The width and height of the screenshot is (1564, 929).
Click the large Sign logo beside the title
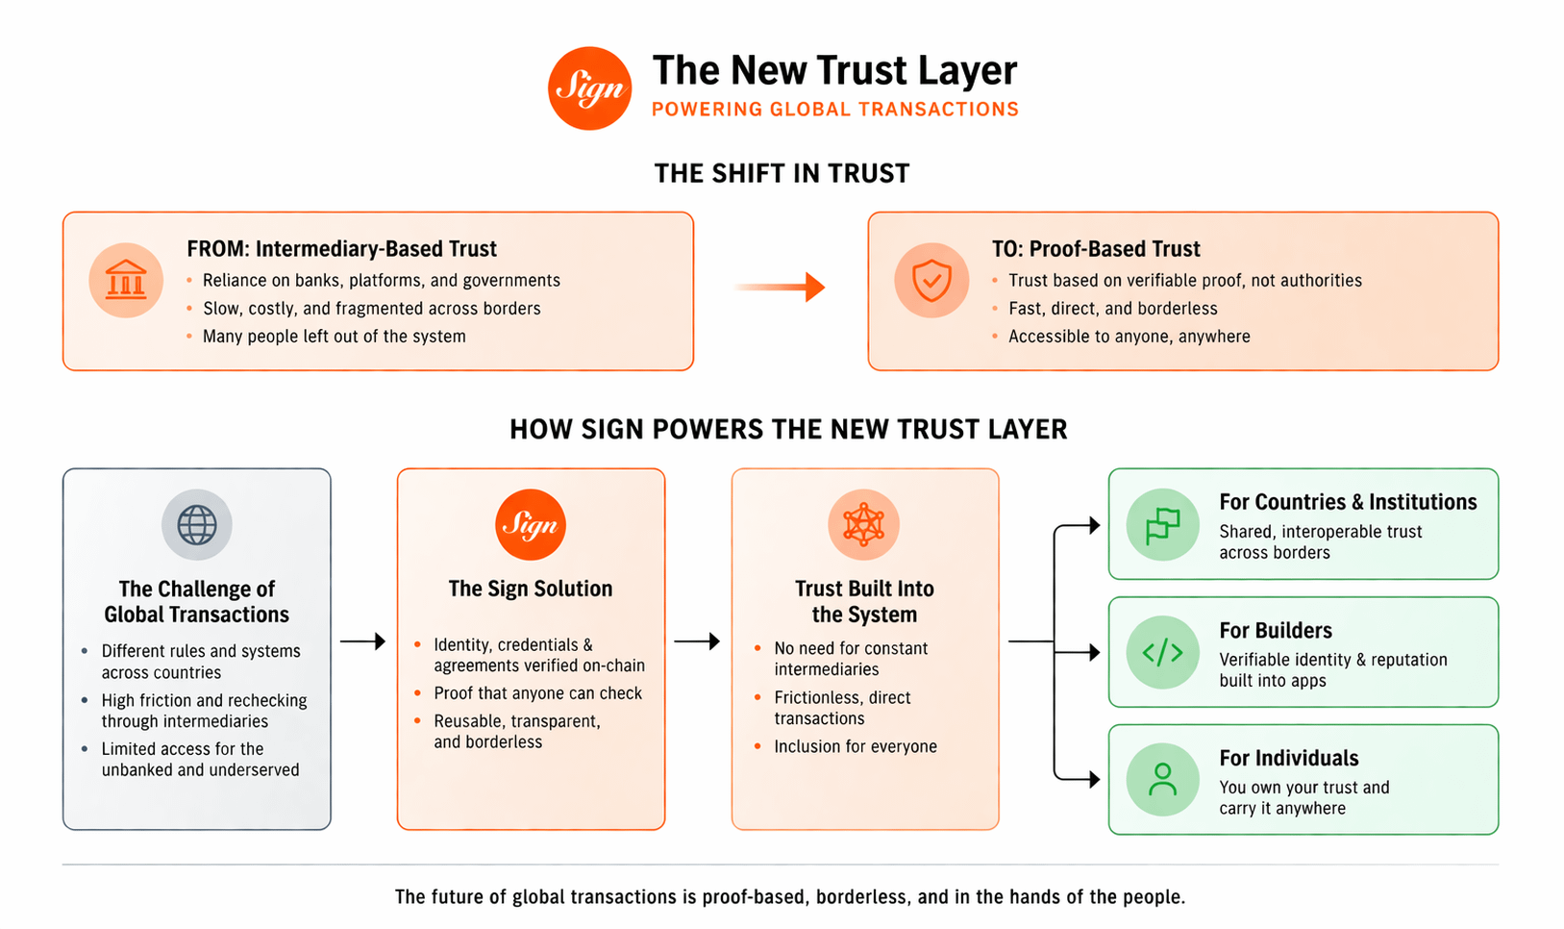pyautogui.click(x=589, y=88)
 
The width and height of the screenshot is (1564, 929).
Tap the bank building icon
pyautogui.click(x=126, y=281)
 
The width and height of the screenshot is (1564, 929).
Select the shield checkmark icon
pyautogui.click(x=931, y=281)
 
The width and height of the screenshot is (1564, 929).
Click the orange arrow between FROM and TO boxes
pyautogui.click(x=781, y=287)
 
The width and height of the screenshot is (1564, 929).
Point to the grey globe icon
pyautogui.click(x=197, y=525)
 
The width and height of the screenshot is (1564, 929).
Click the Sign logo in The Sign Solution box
pyautogui.click(x=531, y=525)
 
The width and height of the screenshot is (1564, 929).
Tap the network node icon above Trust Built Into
pyautogui.click(x=863, y=525)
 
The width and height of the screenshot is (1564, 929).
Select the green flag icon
pyautogui.click(x=1162, y=525)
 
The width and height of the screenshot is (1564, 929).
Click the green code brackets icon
pyautogui.click(x=1162, y=652)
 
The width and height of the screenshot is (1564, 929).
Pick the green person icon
pyautogui.click(x=1162, y=780)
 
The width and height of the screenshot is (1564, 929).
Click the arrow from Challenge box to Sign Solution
pyautogui.click(x=363, y=641)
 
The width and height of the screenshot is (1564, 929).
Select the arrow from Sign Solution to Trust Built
pyautogui.click(x=697, y=641)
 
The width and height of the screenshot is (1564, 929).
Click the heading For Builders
pyautogui.click(x=1276, y=631)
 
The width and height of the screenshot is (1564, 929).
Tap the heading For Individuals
pyautogui.click(x=1288, y=759)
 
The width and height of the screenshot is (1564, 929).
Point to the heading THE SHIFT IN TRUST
pyautogui.click(x=782, y=174)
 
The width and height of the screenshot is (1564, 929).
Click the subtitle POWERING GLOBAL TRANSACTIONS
pyautogui.click(x=834, y=110)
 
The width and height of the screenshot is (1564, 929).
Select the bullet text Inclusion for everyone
pyautogui.click(x=855, y=746)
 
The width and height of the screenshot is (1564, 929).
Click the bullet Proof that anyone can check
pyautogui.click(x=537, y=693)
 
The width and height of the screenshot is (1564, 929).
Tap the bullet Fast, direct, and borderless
pyautogui.click(x=1112, y=309)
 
